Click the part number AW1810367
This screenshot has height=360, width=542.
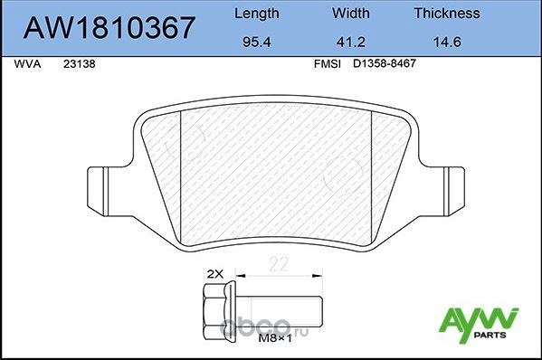pyautogui.click(x=108, y=28)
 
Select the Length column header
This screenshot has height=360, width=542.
pyautogui.click(x=256, y=14)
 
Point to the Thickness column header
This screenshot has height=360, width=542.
pyautogui.click(x=445, y=14)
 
